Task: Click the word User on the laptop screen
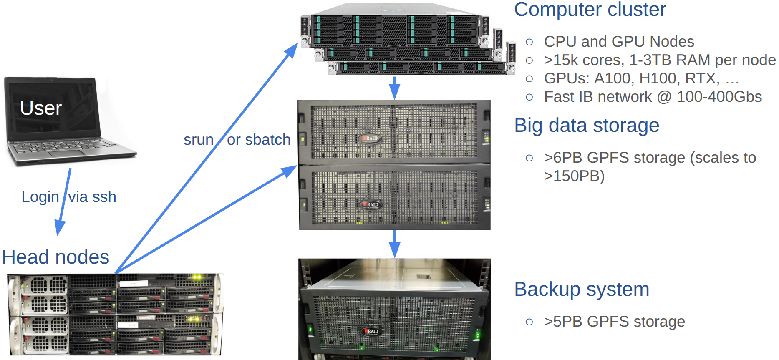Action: pos(40,108)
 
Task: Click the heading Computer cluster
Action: pos(590,9)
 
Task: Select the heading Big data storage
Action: pos(586,125)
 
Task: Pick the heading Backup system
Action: pos(581,289)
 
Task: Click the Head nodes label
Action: pos(55,257)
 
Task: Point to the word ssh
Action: pos(104,197)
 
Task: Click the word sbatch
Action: pos(267,140)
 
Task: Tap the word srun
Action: pos(199,140)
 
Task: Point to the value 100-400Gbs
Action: pos(719,97)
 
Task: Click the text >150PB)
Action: pos(574,176)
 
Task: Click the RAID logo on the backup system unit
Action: pos(371,331)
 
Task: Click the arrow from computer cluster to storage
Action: pos(394,88)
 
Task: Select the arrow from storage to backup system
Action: pos(394,244)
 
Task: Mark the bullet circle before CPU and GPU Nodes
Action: pos(529,42)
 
